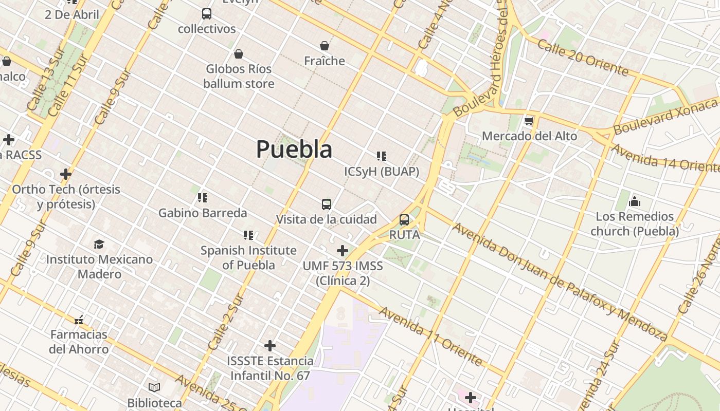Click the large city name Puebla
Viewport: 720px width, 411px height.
tap(294, 150)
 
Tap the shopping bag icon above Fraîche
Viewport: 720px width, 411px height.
tap(325, 46)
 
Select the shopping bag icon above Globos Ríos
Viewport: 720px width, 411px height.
tap(239, 54)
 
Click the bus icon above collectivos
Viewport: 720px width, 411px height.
tap(207, 14)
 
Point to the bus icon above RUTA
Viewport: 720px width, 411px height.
tap(404, 220)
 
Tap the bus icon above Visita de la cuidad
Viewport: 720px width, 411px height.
tap(327, 204)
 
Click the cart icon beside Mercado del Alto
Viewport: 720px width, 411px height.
tap(529, 121)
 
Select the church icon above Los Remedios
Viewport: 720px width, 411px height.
tap(635, 201)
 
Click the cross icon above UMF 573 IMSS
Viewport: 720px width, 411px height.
tap(343, 251)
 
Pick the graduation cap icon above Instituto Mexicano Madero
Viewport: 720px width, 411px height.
tap(99, 244)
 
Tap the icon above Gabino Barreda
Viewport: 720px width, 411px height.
tap(203, 197)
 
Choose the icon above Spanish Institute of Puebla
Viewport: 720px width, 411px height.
tap(248, 235)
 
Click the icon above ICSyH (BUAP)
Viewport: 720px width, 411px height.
tap(381, 156)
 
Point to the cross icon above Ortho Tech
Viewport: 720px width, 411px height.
tap(66, 174)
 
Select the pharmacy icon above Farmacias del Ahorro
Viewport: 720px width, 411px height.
tap(79, 320)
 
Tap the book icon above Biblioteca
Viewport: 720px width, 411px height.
tap(154, 387)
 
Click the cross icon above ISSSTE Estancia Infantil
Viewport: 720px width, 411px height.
tap(270, 346)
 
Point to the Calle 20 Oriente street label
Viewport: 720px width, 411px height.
tap(583, 57)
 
